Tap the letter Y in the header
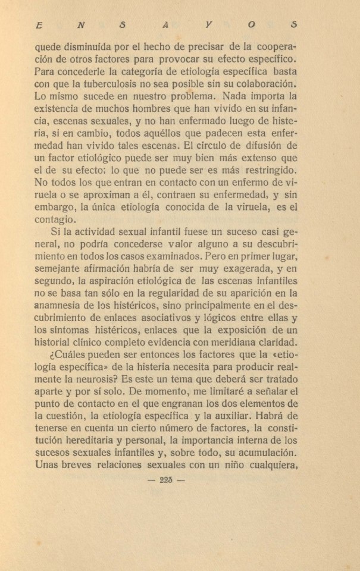coord(208,26)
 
